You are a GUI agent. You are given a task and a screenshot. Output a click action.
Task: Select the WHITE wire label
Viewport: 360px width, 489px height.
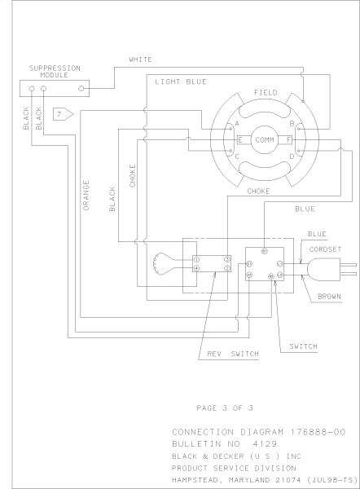point(140,59)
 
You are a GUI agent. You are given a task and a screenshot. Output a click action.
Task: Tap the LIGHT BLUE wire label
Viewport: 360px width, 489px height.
point(181,82)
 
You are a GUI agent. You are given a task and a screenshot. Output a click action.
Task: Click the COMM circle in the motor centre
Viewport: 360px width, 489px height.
point(265,140)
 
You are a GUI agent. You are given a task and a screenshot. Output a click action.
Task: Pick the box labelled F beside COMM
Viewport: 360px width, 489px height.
point(288,140)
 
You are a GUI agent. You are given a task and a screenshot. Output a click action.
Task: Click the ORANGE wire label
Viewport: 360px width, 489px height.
point(84,196)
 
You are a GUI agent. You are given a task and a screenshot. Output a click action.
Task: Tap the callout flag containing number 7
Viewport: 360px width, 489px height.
point(63,113)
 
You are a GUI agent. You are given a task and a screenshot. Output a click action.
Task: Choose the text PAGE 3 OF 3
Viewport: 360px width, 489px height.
point(226,406)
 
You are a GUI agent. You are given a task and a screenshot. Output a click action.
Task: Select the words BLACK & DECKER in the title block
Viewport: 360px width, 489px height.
point(205,456)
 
